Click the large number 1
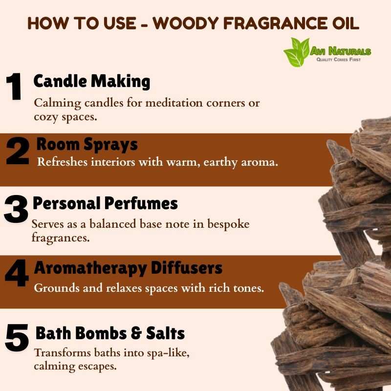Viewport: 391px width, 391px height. pyautogui.click(x=14, y=87)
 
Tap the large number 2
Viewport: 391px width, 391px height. pyautogui.click(x=18, y=151)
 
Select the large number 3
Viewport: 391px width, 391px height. pyautogui.click(x=16, y=209)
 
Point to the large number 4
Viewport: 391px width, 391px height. pyautogui.click(x=17, y=273)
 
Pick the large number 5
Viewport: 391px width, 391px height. pyautogui.click(x=17, y=337)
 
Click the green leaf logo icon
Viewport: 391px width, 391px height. pyautogui.click(x=297, y=52)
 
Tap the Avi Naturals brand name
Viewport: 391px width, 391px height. pyautogui.click(x=340, y=51)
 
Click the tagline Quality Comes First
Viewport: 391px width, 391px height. pyautogui.click(x=338, y=59)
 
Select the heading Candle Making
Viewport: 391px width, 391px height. pyautogui.click(x=92, y=82)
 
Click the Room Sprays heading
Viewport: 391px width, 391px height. pyautogui.click(x=87, y=145)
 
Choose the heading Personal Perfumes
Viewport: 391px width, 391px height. pyautogui.click(x=105, y=203)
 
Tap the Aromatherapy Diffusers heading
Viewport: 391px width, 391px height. pyautogui.click(x=128, y=268)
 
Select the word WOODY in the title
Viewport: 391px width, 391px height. pyautogui.click(x=186, y=23)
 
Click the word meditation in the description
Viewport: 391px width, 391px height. pyautogui.click(x=174, y=103)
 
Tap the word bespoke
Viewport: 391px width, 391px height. pyautogui.click(x=228, y=224)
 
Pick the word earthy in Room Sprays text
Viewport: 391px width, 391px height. pyautogui.click(x=220, y=163)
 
